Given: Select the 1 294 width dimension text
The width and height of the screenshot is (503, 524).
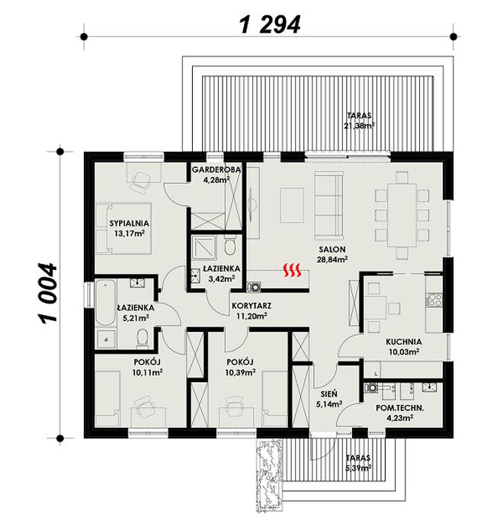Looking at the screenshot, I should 270,24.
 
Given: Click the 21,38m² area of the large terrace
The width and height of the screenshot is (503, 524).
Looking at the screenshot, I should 357,125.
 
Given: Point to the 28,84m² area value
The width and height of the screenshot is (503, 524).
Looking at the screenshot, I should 333,259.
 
